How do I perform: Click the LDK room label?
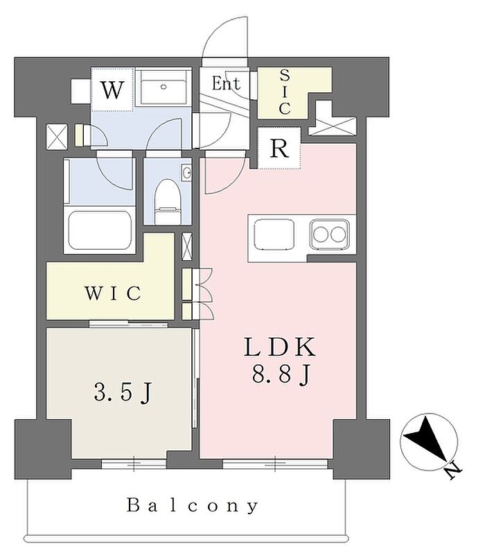click(280, 347)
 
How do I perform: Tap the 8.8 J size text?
click(281, 374)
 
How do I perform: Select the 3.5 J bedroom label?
click(123, 393)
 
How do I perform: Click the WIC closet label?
click(113, 293)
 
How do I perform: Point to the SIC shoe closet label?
click(285, 92)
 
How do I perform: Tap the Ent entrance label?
click(226, 83)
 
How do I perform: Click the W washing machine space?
click(112, 90)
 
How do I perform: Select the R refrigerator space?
click(279, 148)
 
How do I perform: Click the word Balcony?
click(193, 505)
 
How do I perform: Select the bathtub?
click(100, 230)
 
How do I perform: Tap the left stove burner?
click(321, 235)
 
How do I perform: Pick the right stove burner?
click(338, 235)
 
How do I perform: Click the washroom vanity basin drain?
click(163, 87)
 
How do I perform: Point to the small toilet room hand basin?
click(186, 173)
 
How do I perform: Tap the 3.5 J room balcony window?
click(134, 463)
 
